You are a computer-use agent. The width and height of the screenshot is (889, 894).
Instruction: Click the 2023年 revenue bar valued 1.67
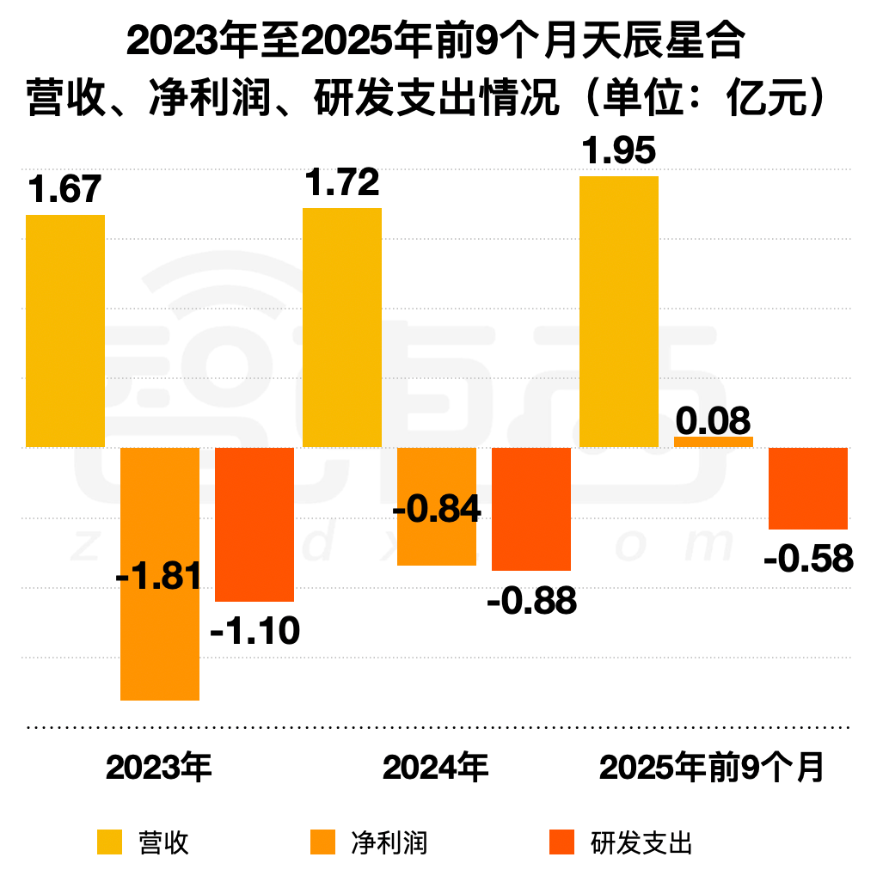click(x=65, y=331)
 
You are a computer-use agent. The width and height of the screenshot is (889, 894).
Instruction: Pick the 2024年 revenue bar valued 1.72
click(x=342, y=328)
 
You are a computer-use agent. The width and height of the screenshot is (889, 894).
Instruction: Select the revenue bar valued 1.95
click(x=619, y=311)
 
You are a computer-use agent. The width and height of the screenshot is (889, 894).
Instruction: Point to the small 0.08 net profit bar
click(x=714, y=442)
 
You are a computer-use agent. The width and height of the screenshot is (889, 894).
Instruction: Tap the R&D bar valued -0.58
click(x=807, y=487)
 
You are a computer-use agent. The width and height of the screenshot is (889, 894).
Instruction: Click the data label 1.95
click(x=619, y=150)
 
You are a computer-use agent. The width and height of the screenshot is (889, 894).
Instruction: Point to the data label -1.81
click(x=159, y=575)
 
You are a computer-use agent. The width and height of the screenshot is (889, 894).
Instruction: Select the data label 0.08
click(x=713, y=421)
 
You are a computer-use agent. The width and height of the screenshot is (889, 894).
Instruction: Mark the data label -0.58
click(x=808, y=560)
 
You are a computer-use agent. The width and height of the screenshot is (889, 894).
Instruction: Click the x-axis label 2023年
click(x=159, y=767)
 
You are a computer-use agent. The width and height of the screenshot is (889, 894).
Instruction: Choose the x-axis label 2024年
click(x=436, y=767)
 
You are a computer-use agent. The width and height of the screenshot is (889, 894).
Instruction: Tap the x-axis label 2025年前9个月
click(x=712, y=767)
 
